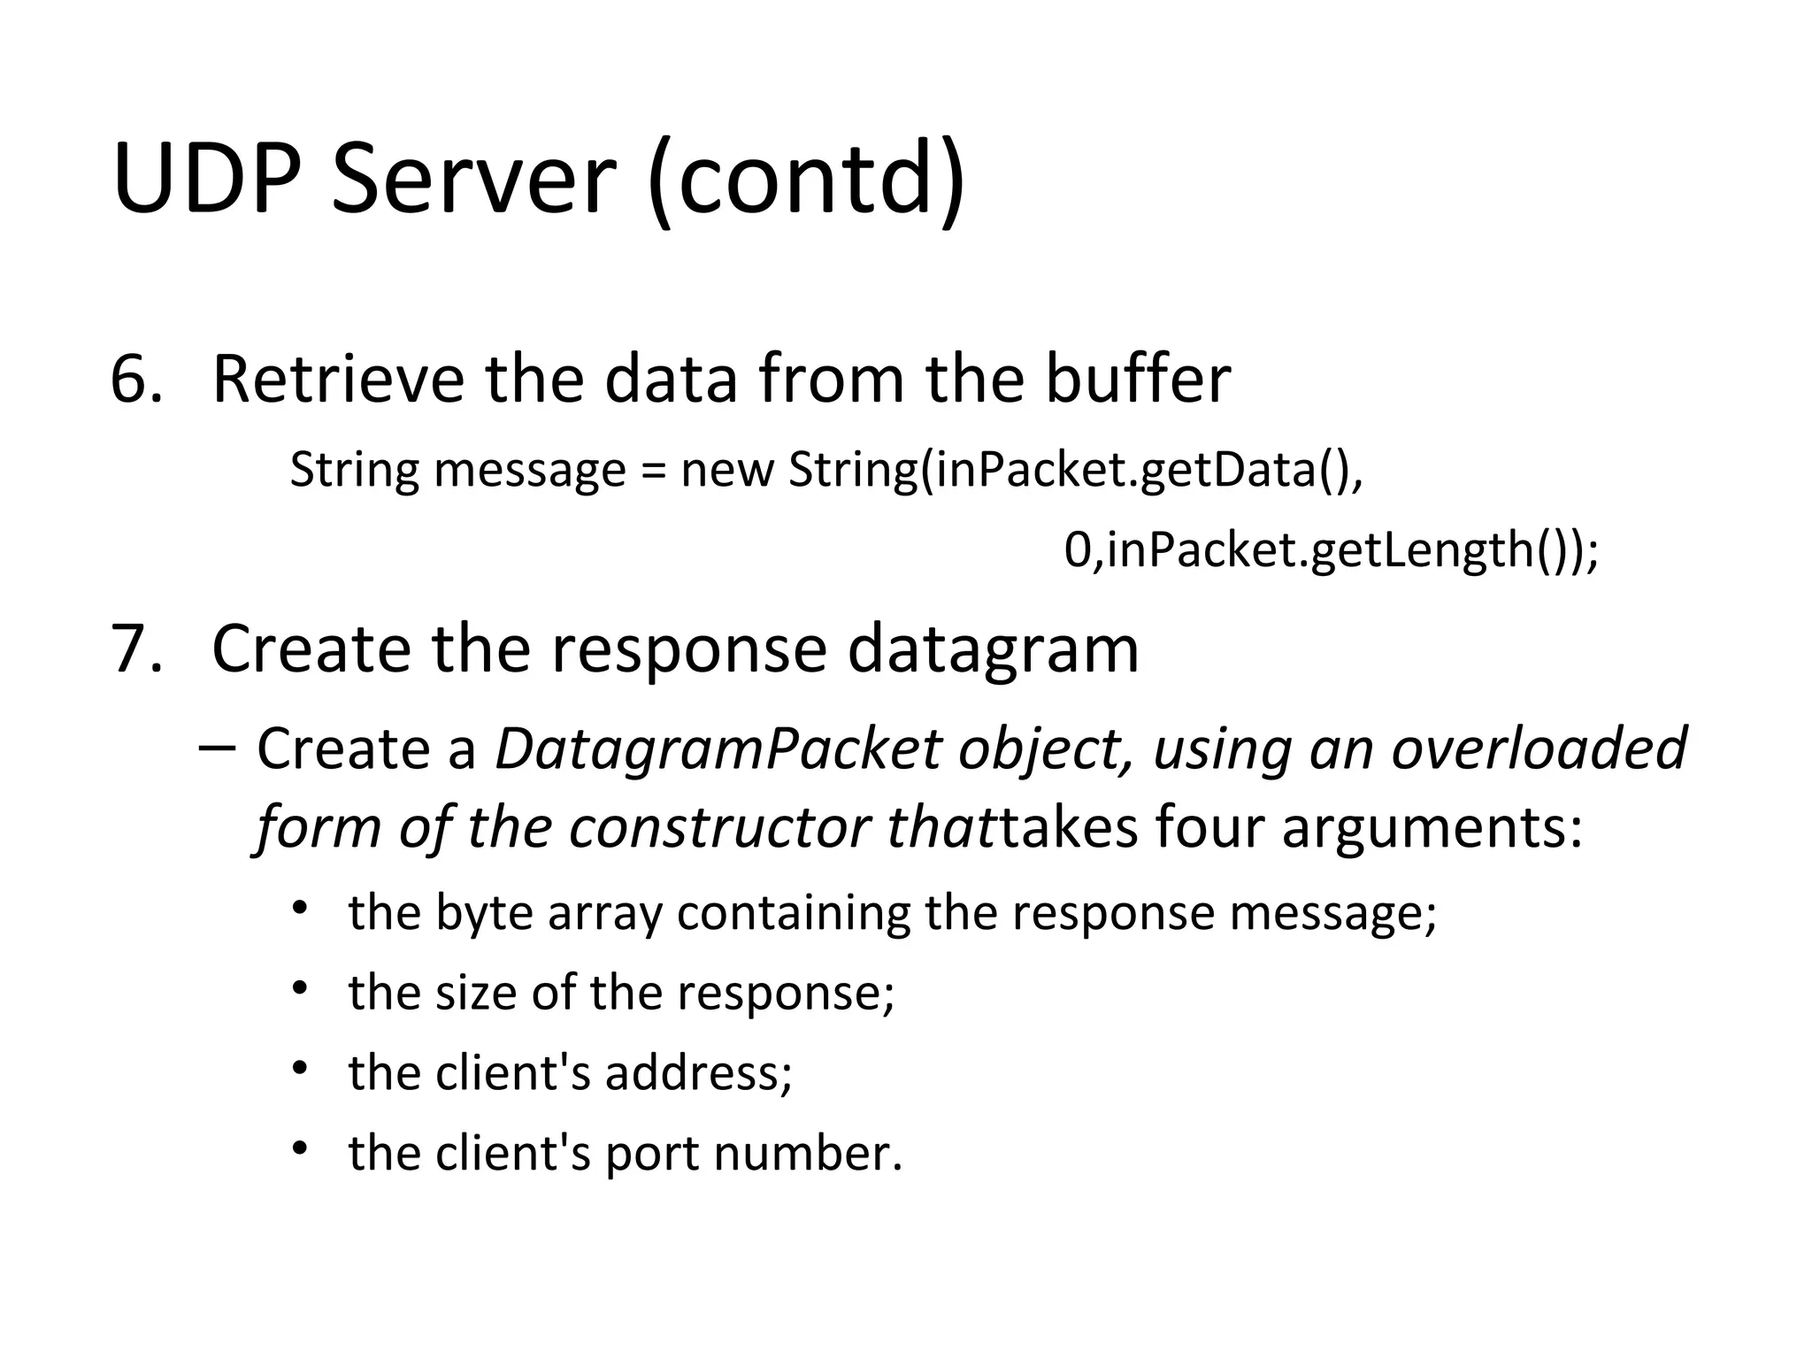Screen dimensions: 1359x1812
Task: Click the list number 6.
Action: click(135, 380)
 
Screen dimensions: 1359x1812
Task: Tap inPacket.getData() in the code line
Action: click(1141, 470)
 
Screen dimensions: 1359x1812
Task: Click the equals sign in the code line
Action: click(653, 472)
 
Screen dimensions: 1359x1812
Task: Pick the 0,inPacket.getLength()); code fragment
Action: click(1331, 550)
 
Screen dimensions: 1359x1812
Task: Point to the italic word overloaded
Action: click(1539, 749)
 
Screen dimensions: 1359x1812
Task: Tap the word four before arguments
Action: click(1209, 828)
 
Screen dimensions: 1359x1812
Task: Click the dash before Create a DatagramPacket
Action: click(218, 749)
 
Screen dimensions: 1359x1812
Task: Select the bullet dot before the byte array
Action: click(301, 909)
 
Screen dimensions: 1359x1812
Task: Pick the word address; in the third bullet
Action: click(699, 1073)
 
